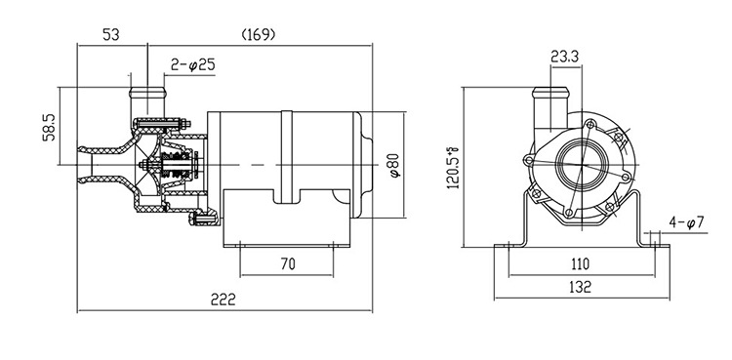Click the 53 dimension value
click(111, 34)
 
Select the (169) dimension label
click(259, 34)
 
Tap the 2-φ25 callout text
click(192, 65)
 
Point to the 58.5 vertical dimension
click(49, 127)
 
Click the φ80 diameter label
click(394, 165)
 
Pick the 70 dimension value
click(288, 263)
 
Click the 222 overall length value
click(224, 300)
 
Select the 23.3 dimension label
click(564, 57)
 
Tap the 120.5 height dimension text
click(453, 168)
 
